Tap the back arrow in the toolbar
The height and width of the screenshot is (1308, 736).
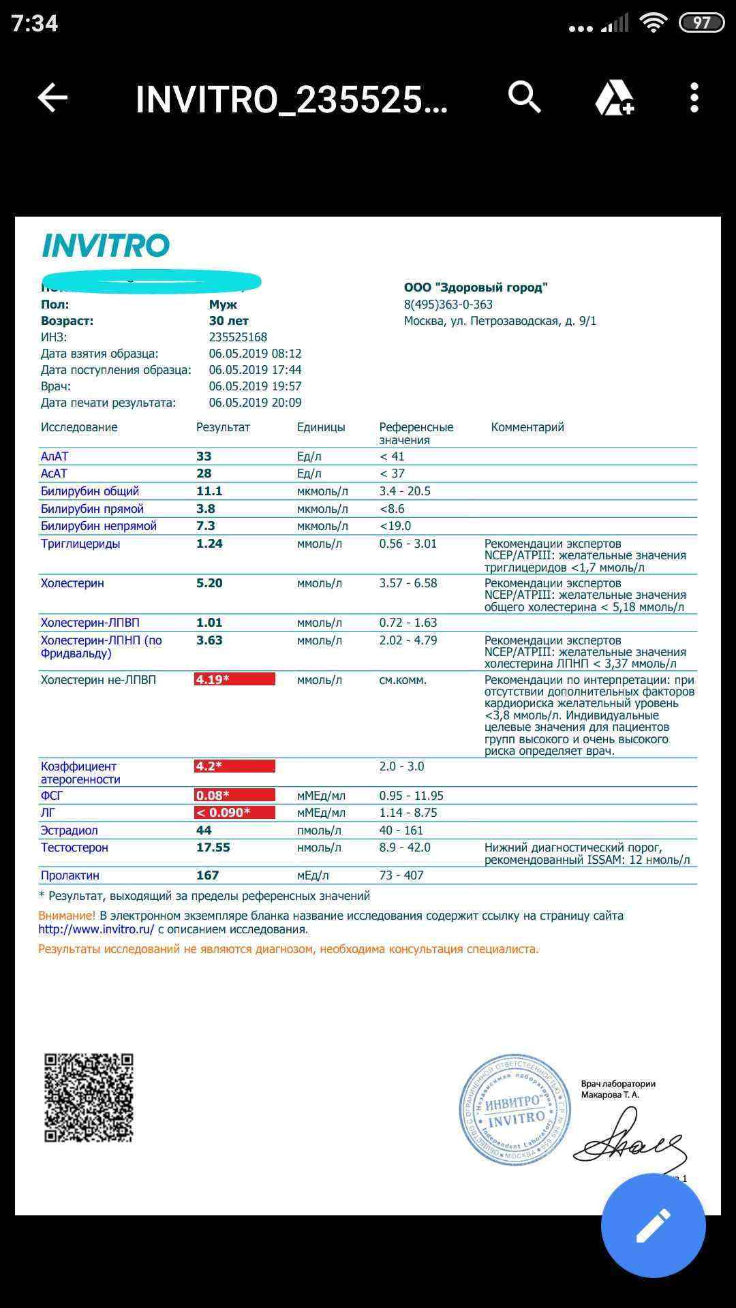(52, 98)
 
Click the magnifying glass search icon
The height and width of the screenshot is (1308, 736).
(524, 97)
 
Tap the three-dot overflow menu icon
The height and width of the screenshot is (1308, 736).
(694, 98)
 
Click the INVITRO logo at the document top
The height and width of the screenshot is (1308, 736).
(106, 246)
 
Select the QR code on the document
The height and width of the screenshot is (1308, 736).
(89, 1097)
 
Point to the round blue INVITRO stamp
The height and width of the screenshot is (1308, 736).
(515, 1110)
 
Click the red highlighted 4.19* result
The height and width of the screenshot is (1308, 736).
(234, 679)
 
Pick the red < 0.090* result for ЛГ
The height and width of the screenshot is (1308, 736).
(234, 813)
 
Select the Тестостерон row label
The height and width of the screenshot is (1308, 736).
(74, 847)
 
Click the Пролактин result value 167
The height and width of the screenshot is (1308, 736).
(208, 875)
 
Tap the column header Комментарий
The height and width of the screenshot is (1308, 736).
(527, 427)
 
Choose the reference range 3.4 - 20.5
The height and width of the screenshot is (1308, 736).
(405, 491)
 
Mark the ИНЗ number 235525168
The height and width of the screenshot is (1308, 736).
(238, 337)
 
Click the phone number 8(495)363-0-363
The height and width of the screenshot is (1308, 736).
(448, 305)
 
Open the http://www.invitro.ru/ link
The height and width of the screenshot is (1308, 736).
(96, 929)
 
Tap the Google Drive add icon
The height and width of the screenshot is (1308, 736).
(614, 98)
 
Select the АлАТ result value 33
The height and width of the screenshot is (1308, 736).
(204, 456)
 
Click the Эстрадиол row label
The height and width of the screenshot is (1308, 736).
(69, 830)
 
